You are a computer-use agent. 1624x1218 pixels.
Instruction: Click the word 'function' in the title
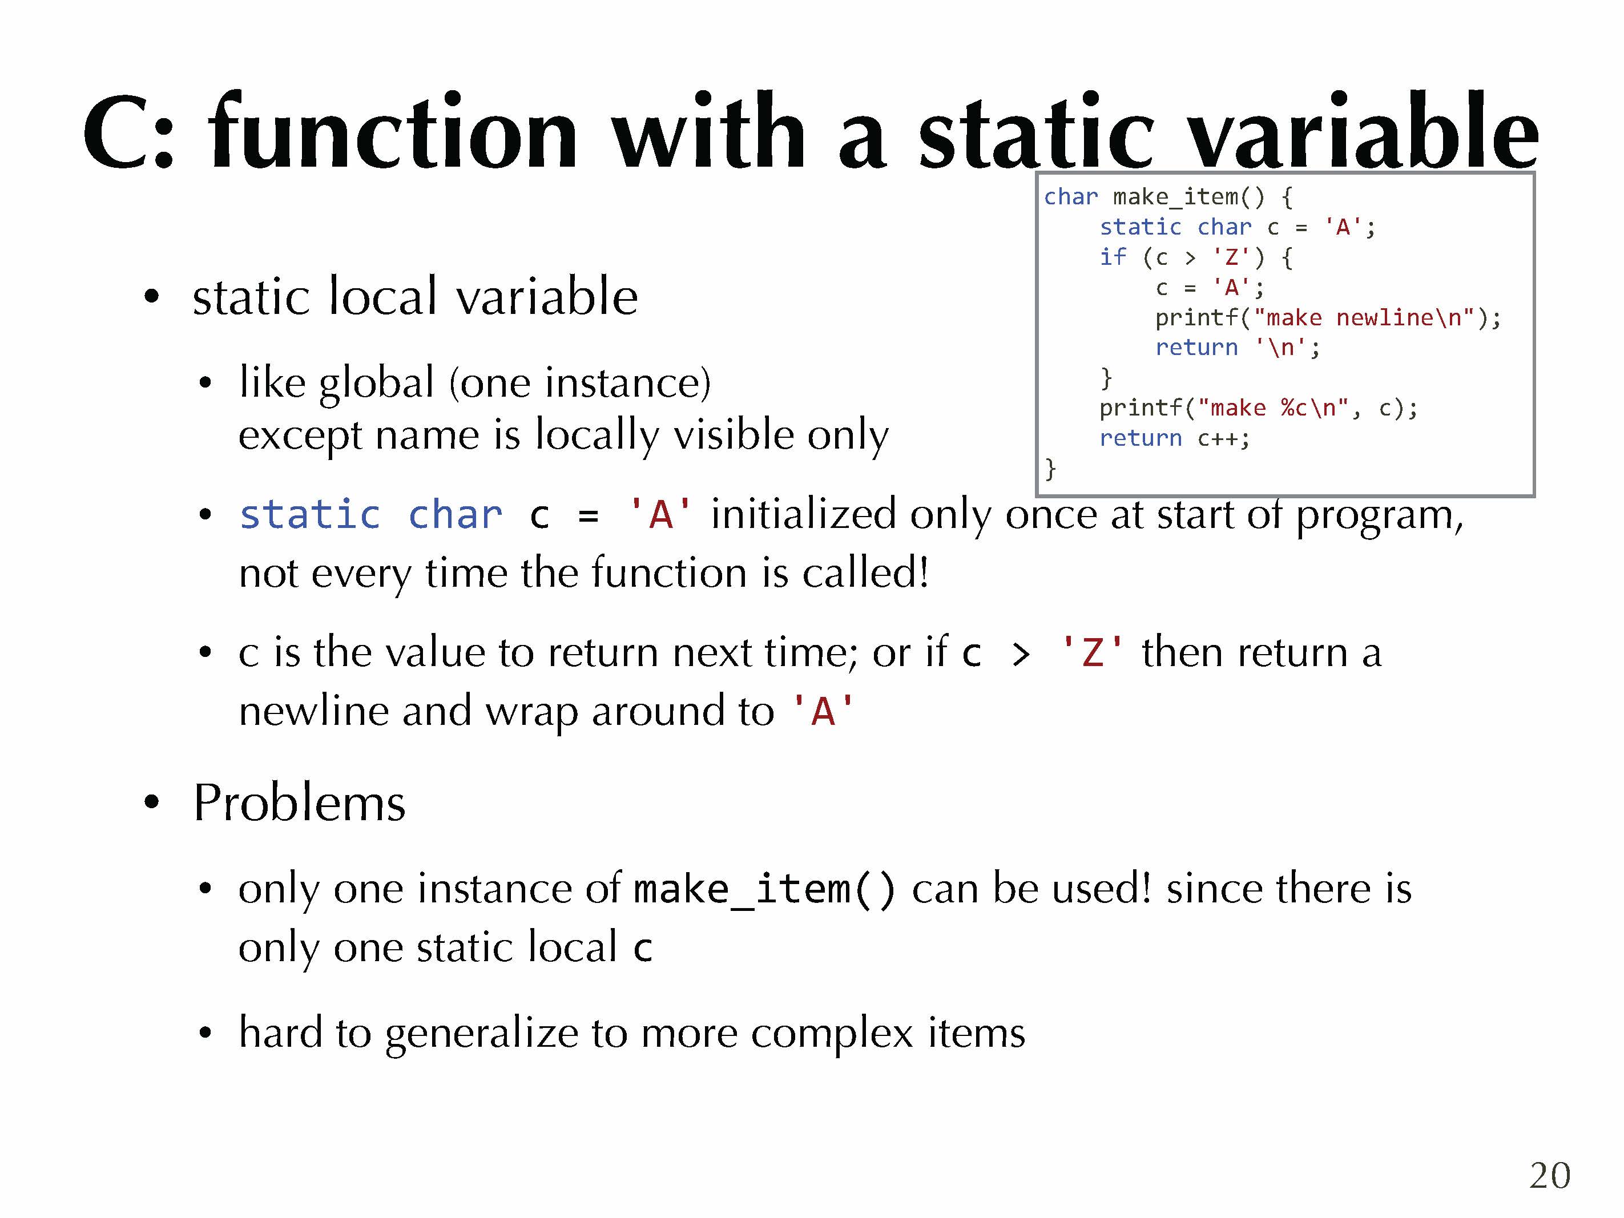click(393, 132)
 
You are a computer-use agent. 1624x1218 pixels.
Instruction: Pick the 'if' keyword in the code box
click(1113, 257)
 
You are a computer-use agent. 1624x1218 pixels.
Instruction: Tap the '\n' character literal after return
click(1281, 347)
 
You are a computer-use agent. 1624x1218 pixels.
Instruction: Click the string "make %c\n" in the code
click(1274, 408)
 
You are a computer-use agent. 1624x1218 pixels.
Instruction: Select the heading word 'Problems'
click(299, 802)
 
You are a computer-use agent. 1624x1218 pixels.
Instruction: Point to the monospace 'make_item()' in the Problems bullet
click(764, 890)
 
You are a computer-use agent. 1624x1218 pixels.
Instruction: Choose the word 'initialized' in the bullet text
click(803, 513)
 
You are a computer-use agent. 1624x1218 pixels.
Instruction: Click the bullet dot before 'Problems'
click(151, 802)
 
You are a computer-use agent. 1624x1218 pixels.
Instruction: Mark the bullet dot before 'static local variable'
click(151, 297)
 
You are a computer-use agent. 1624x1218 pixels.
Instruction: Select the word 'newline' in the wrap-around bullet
click(314, 711)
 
